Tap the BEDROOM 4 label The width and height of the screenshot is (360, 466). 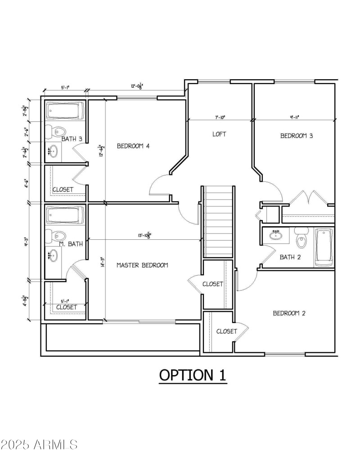133,146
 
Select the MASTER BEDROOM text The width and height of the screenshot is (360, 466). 142,265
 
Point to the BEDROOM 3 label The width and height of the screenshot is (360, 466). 297,136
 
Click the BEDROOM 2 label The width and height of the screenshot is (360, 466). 289,313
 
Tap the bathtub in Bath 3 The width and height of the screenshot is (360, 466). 65,111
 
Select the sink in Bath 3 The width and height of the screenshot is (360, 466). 53,151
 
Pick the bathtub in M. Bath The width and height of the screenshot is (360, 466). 65,215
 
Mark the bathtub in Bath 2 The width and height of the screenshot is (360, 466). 324,247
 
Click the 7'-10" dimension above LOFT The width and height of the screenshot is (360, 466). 220,117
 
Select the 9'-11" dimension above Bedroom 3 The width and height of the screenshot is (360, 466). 295,117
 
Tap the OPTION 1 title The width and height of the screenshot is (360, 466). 193,375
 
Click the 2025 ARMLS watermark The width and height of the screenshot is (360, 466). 39,445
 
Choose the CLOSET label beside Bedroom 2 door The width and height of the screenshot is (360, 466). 226,331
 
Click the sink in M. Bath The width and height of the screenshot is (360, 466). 53,255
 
